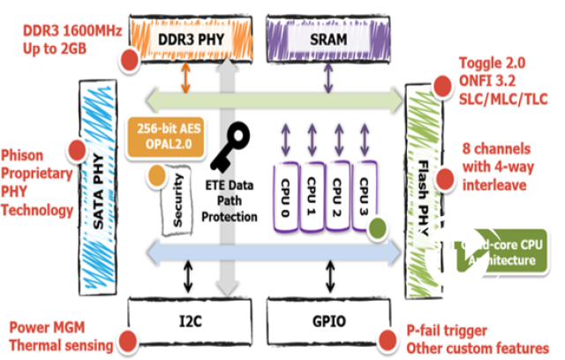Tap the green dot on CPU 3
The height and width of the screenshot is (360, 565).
pos(379,228)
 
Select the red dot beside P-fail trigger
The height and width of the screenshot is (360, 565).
pos(386,338)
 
